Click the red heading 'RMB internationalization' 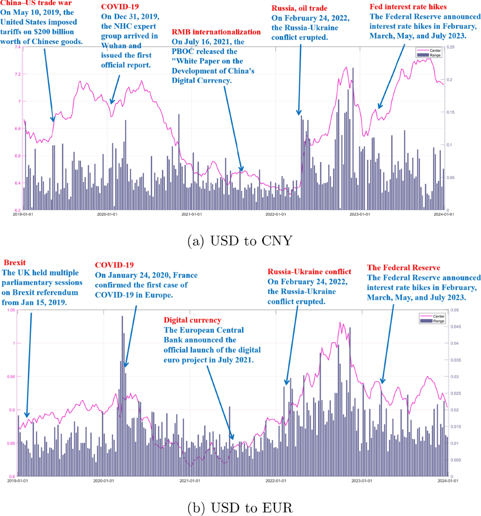pyautogui.click(x=216, y=32)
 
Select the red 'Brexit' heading pyautogui.click(x=15, y=263)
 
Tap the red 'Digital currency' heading pyautogui.click(x=192, y=320)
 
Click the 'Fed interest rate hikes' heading pyautogui.click(x=408, y=7)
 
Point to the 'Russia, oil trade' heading pyautogui.click(x=299, y=8)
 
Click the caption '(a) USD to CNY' pyautogui.click(x=240, y=241)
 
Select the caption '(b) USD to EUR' pyautogui.click(x=240, y=508)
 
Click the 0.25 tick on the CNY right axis pyautogui.click(x=451, y=47)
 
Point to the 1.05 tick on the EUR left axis pyautogui.click(x=11, y=310)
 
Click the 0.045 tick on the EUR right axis pyautogui.click(x=455, y=327)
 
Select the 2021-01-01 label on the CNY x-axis pyautogui.click(x=192, y=214)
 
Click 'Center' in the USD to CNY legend pyautogui.click(x=435, y=50)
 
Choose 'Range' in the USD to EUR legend pyautogui.click(x=439, y=321)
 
